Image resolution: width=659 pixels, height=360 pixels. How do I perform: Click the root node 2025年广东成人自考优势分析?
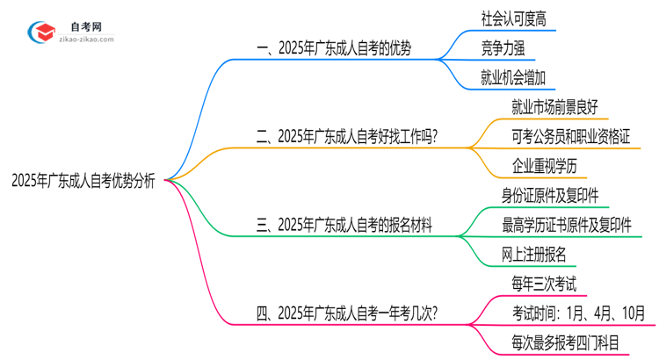[x=83, y=181]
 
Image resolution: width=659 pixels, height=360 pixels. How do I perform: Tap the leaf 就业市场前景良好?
[x=554, y=107]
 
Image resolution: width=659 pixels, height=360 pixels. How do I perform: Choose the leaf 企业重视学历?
[x=544, y=165]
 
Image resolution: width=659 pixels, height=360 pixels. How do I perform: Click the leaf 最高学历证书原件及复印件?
[x=567, y=224]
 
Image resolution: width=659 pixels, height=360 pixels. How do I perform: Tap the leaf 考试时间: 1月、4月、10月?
[x=579, y=312]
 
